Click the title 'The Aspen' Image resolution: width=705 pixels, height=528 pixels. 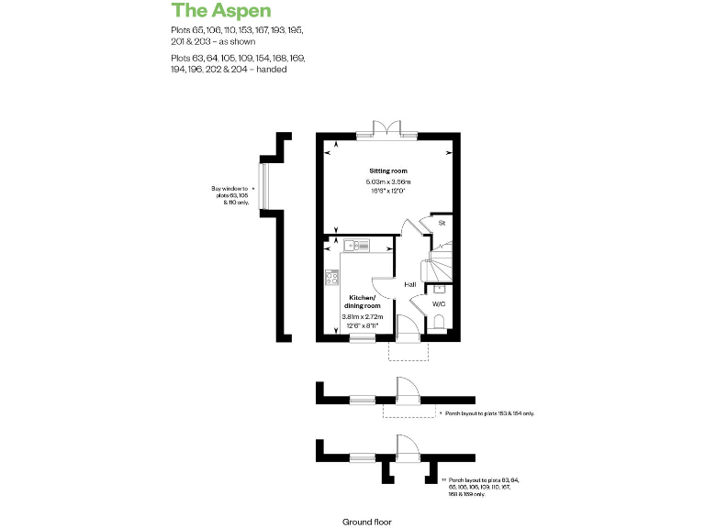tap(221, 11)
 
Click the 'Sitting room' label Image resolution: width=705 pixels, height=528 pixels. tap(387, 171)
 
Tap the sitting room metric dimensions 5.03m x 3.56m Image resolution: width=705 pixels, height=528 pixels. tap(388, 182)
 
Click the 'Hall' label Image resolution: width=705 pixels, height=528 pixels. tap(410, 284)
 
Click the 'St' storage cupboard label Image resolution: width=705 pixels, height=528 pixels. tap(441, 223)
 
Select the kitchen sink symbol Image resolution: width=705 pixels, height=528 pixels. tap(356, 245)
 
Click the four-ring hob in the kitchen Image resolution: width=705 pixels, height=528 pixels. tap(331, 278)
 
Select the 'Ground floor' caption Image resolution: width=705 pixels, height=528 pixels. tap(366, 522)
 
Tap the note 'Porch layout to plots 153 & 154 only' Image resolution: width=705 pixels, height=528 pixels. tap(487, 413)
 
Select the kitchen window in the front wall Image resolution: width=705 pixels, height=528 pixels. tap(363, 340)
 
